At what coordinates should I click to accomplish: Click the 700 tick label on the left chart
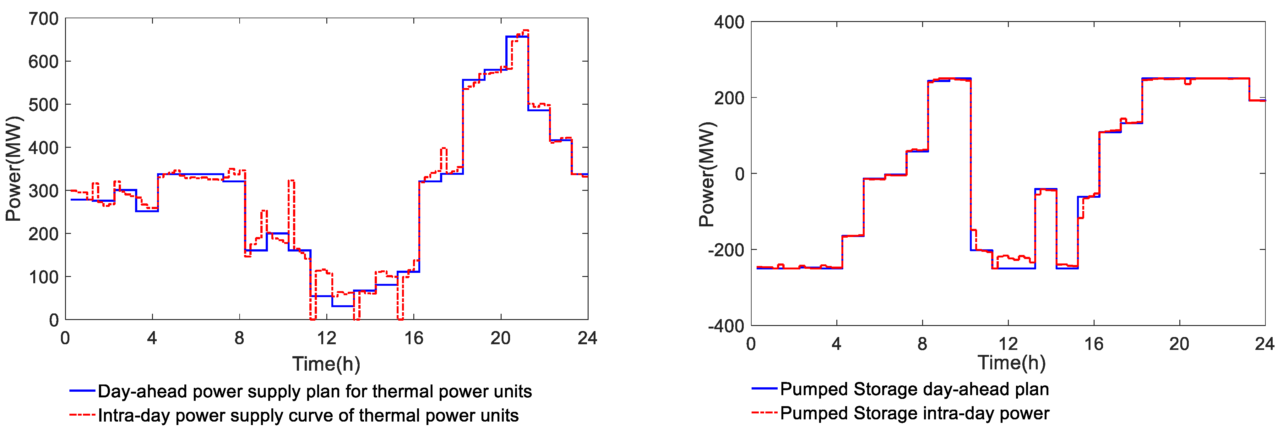(44, 19)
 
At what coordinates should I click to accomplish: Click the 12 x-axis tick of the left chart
(326, 338)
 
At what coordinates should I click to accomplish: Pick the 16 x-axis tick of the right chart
(1094, 344)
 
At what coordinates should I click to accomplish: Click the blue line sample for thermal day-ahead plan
(82, 391)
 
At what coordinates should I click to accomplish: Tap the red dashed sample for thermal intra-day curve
(82, 415)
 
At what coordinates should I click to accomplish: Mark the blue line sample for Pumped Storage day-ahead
(764, 389)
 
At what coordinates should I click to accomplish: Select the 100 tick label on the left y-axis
(44, 277)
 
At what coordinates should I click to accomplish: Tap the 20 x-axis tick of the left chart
(500, 338)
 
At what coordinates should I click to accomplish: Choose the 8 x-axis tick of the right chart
(922, 344)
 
